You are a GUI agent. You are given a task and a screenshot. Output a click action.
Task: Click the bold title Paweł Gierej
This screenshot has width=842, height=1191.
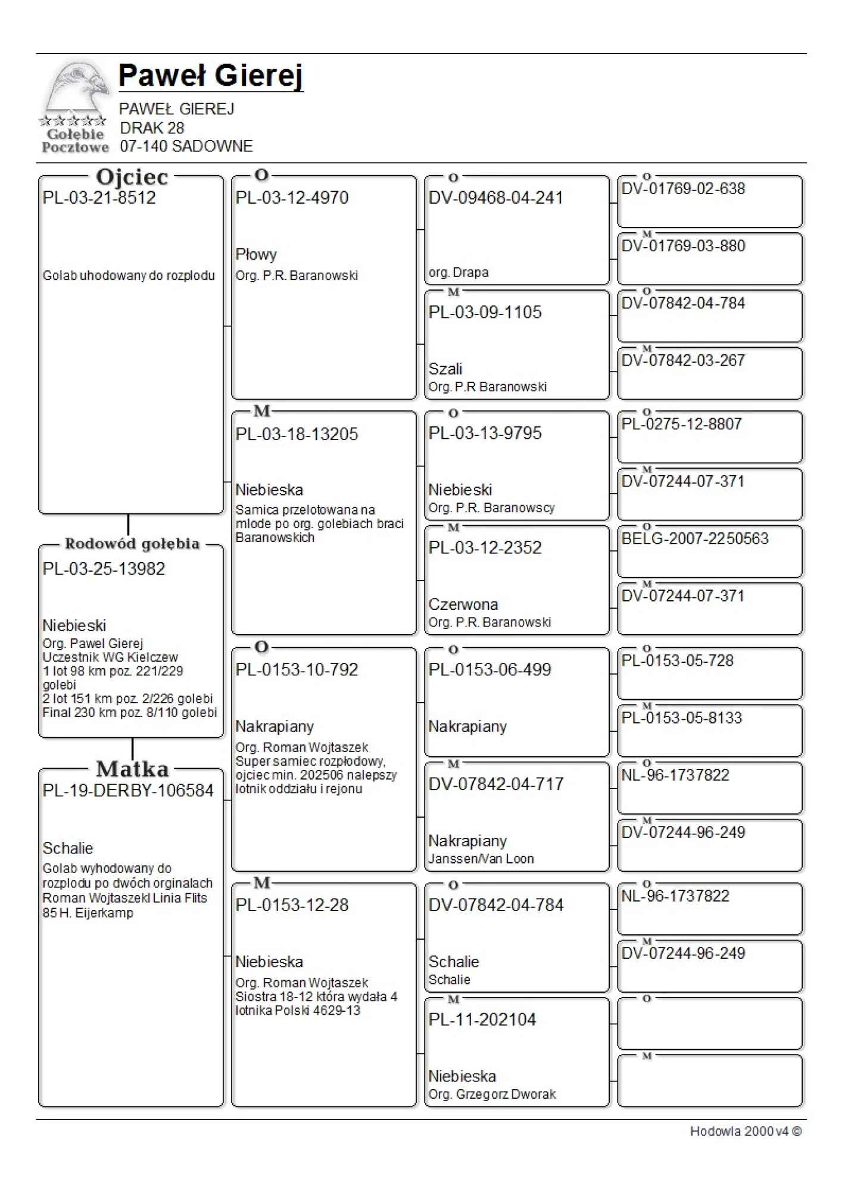211,76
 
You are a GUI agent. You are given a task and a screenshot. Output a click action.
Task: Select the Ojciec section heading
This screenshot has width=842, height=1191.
132,177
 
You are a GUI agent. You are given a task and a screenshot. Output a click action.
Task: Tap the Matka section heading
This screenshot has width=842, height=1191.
132,769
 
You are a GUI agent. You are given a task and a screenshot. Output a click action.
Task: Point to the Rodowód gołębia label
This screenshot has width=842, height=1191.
132,544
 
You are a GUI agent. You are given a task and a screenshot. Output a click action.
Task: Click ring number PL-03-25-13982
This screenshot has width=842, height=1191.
104,569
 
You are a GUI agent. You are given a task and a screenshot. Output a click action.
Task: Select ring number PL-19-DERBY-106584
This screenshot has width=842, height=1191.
128,790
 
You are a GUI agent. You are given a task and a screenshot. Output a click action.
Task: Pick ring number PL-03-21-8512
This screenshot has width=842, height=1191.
99,198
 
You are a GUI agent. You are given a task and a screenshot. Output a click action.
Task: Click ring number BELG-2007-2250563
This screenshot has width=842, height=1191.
695,538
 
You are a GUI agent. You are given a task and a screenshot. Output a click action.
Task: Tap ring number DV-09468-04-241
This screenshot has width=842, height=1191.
495,198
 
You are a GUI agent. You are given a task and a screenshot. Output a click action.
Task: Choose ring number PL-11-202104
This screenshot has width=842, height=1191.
482,1019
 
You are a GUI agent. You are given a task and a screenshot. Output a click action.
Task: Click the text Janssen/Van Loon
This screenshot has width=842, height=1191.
481,859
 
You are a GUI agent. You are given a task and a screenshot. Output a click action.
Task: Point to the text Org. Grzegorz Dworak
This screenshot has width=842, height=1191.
492,1094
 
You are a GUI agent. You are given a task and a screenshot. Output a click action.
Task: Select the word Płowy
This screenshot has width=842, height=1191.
256,254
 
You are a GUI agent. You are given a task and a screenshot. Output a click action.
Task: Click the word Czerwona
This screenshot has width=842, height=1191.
463,604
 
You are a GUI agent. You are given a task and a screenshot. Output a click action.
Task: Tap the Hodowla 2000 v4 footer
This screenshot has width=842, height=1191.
746,1131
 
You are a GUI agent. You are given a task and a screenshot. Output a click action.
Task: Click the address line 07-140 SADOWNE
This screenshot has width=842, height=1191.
186,146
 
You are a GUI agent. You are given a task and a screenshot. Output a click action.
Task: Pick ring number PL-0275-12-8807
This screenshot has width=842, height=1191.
682,424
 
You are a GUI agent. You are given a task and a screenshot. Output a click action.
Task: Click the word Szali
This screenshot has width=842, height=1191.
445,369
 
